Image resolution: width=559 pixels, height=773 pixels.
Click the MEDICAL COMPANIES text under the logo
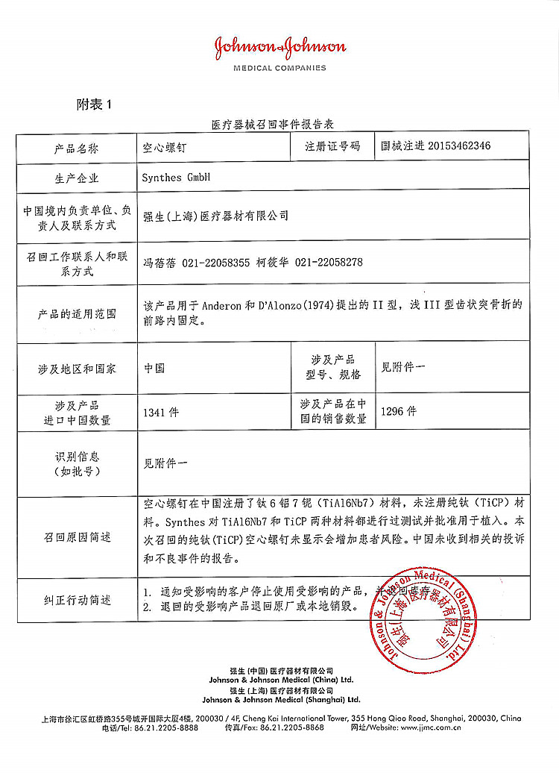280,68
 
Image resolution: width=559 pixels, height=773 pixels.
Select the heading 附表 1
94,104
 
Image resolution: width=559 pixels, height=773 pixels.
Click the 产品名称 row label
76,148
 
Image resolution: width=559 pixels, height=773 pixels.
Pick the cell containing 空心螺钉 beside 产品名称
165,148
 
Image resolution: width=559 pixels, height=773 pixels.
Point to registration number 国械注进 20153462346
435,146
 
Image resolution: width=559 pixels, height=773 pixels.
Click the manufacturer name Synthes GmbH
176,178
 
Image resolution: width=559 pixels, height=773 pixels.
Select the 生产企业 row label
76,178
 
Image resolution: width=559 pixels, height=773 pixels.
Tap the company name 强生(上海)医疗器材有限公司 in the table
215,216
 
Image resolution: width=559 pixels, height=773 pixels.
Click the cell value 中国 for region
155,368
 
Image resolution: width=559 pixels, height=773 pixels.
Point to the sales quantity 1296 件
399,411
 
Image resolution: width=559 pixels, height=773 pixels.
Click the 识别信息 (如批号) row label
76,463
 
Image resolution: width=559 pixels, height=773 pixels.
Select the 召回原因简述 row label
76,537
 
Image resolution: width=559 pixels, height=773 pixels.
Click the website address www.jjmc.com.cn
432,727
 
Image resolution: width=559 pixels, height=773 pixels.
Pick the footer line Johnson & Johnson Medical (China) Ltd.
281,680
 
